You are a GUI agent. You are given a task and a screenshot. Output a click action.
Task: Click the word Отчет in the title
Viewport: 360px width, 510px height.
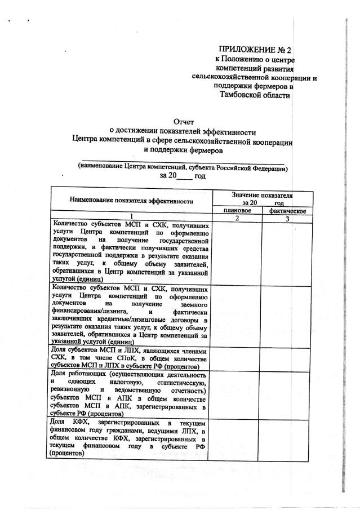coord(184,121)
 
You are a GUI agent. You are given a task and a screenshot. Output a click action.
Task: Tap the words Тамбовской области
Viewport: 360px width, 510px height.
coord(256,95)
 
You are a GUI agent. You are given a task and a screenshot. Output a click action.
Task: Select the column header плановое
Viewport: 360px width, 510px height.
coord(237,210)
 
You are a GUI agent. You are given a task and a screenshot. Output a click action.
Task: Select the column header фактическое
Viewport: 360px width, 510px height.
coord(287,210)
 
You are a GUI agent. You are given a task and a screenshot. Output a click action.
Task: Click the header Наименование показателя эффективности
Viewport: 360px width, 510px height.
coord(132,200)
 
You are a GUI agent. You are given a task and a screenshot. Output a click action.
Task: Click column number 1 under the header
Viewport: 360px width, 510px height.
coord(132,218)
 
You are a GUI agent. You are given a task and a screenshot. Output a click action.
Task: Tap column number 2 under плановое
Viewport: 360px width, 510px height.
coord(237,218)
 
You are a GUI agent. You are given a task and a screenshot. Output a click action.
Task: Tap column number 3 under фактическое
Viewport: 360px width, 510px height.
coord(287,218)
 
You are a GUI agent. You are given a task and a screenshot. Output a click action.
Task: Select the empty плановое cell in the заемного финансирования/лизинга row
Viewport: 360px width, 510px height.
coord(237,314)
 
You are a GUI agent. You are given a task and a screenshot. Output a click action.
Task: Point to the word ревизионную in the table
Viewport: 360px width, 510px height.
coord(68,390)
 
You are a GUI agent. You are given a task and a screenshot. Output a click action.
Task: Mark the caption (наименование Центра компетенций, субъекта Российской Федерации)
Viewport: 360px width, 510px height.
coord(184,168)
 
